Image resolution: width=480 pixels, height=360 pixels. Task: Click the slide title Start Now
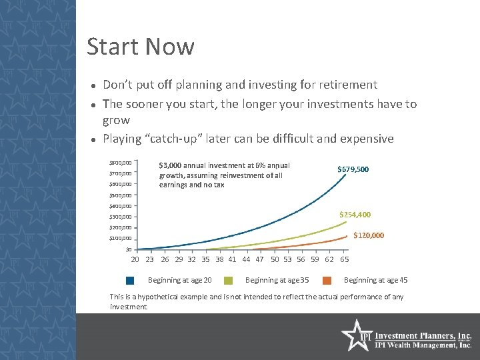coord(141,47)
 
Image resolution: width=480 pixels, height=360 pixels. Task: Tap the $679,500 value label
coord(353,170)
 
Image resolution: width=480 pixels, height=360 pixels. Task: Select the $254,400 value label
coord(355,215)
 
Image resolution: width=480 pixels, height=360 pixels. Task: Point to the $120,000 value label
coord(369,235)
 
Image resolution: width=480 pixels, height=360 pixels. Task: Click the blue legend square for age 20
coord(130,281)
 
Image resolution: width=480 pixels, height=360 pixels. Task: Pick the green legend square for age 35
coord(229,281)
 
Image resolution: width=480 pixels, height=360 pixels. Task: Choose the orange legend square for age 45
coord(328,281)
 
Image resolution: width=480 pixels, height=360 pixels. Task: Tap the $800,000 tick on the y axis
coord(121,163)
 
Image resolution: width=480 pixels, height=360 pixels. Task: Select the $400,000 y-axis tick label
coord(121,206)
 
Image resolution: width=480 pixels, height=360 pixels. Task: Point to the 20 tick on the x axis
coord(135,259)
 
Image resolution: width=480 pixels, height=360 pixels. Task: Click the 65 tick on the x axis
coord(345,259)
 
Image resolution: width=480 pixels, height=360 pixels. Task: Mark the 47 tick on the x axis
coord(259,259)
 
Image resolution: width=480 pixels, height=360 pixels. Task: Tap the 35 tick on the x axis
coord(205,259)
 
